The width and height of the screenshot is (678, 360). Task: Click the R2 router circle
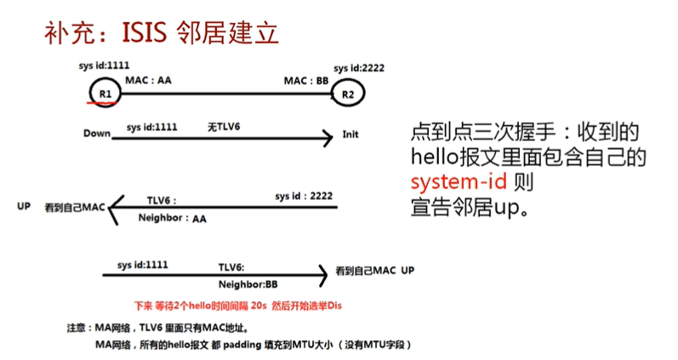pos(348,94)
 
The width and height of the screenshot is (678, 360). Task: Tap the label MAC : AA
pos(149,81)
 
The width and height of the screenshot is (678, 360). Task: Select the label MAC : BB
pos(306,81)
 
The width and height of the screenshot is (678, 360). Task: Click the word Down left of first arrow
pos(98,134)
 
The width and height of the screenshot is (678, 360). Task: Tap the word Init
pos(350,134)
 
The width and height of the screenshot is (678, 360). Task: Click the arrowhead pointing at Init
pos(327,137)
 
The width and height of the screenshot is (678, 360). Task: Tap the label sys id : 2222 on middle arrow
pos(303,196)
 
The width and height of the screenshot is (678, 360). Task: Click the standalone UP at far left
pos(23,207)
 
